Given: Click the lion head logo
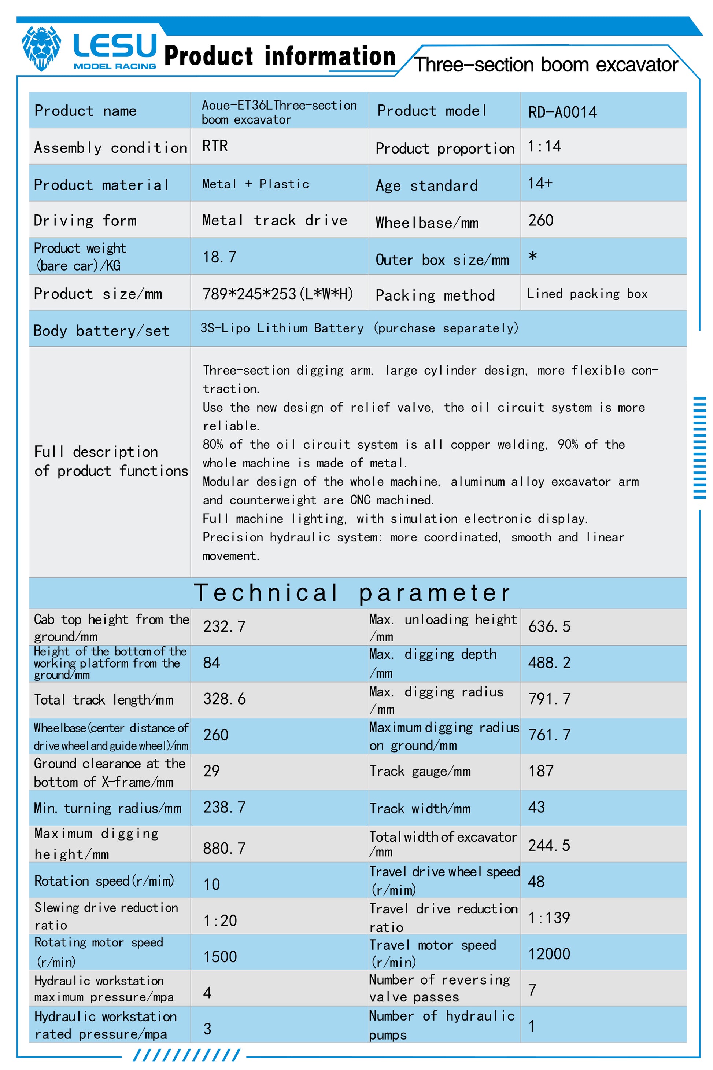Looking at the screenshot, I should pos(41,48).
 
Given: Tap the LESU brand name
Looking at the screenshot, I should pos(115,45).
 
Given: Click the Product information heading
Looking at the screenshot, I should pos(279,56).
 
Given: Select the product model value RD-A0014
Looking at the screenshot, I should pos(562,112).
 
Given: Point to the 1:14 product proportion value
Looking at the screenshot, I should pos(544,146).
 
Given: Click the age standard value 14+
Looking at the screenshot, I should pos(540,183).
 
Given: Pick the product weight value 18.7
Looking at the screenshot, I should pos(219,257).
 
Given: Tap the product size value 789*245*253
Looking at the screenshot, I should pos(277,294).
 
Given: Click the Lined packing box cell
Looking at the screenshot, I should pos(587,294).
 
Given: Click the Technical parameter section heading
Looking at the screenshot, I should pos(352,593).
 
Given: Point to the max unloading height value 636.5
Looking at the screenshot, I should pos(549,626).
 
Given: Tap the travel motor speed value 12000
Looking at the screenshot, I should pos(549,953).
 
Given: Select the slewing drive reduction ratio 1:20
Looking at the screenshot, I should pos(220,920).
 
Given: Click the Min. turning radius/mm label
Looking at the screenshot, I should pos(108,808).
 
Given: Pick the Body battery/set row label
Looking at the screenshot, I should pos(101,331).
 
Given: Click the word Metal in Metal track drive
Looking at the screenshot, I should pos(222,220).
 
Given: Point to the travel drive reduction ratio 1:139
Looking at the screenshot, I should pos(549,918).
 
